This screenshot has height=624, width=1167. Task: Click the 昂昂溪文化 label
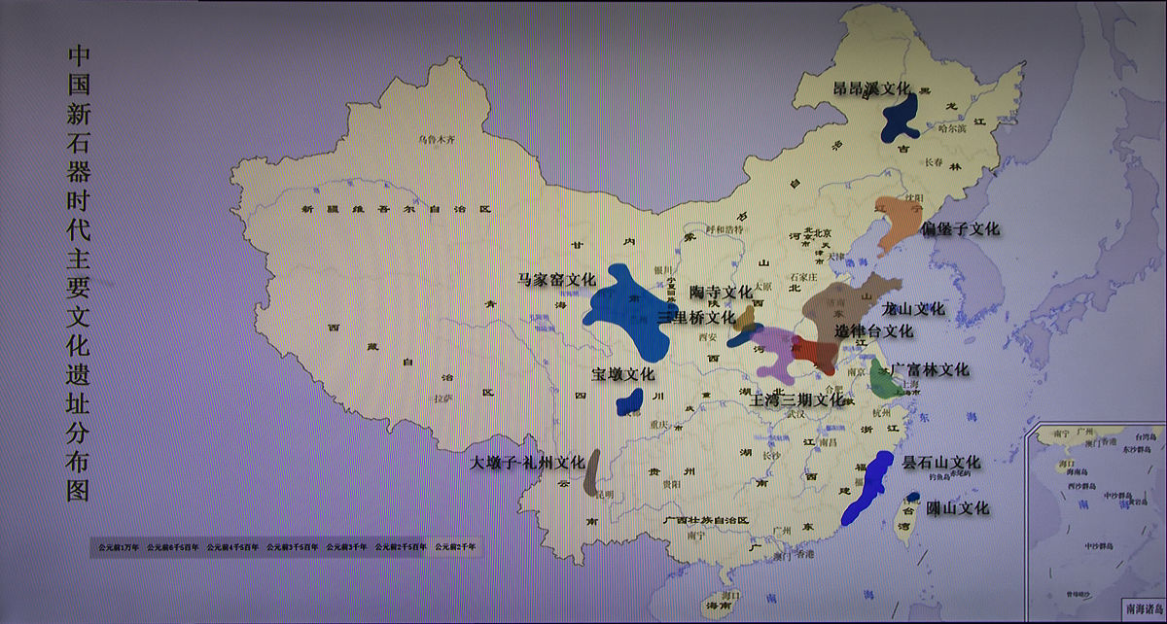(x=872, y=88)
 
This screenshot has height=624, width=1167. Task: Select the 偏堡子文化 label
(x=960, y=230)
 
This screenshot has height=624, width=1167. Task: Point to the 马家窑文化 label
(x=555, y=280)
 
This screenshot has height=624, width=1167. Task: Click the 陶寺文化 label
(x=721, y=292)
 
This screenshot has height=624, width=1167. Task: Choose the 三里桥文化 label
(x=695, y=318)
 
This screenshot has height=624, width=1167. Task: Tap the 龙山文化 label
(x=912, y=309)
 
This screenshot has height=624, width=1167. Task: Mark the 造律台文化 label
(x=874, y=331)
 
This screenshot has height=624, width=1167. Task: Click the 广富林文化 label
(x=931, y=370)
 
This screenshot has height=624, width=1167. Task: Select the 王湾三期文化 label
(x=796, y=399)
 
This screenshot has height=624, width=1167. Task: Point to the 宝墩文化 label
(x=622, y=374)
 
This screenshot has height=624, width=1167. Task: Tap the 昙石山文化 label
(x=941, y=463)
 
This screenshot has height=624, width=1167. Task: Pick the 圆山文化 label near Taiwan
(x=957, y=508)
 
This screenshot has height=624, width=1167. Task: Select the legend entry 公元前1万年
(x=119, y=547)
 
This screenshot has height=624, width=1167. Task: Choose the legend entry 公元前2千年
(x=456, y=547)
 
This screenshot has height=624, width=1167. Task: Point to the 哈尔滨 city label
(x=944, y=128)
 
